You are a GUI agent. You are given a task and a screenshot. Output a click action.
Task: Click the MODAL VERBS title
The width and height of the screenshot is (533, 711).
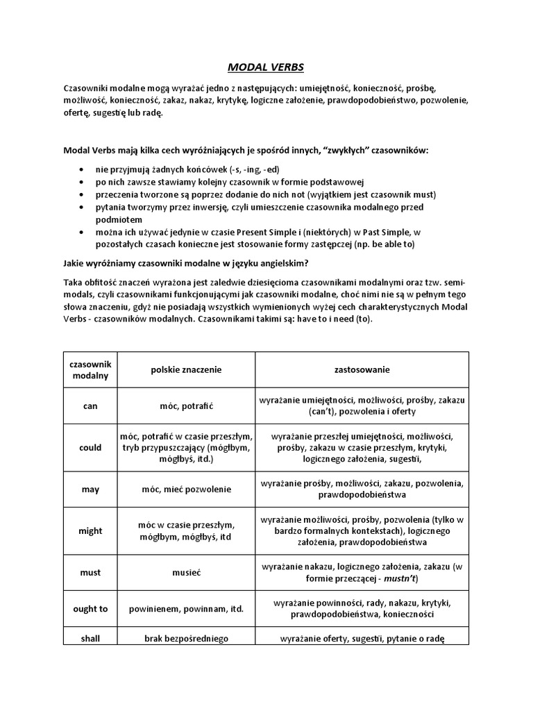point(266,67)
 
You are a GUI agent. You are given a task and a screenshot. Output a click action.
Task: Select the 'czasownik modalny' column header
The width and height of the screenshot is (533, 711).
point(91,370)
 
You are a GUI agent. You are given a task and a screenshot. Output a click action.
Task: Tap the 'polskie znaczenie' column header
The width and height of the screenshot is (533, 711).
point(185,370)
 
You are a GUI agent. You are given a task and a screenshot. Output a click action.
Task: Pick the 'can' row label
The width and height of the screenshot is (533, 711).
point(91,406)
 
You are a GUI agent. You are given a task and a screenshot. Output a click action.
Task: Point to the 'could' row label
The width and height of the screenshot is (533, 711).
point(91,448)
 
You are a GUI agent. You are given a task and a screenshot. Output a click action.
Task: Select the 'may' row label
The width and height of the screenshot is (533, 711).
point(91,490)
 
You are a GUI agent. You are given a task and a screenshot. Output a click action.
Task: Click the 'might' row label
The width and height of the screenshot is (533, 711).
point(91,530)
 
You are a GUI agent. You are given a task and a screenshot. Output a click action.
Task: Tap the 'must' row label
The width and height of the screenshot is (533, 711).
point(91,573)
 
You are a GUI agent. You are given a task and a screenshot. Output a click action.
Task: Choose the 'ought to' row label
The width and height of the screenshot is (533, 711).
point(91,609)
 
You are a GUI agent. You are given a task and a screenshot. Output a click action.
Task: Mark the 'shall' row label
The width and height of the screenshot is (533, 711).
point(91,639)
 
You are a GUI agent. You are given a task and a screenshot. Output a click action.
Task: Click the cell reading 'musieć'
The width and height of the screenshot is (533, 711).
point(185,573)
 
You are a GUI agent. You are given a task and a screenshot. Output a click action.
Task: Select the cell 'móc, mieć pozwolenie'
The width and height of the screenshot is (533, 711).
point(185,490)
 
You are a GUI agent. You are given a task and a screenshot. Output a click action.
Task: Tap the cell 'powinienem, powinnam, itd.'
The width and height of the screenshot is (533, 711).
point(185,609)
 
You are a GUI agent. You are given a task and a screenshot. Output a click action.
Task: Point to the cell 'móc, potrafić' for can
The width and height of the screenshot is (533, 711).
point(185,406)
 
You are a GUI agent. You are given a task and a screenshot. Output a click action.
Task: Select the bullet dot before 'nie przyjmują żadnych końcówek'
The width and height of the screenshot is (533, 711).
point(83,169)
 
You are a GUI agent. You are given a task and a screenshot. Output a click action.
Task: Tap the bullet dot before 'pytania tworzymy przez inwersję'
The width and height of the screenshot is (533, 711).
point(83,208)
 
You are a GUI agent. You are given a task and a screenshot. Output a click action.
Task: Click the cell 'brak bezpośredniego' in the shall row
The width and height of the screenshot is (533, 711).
point(185,639)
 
